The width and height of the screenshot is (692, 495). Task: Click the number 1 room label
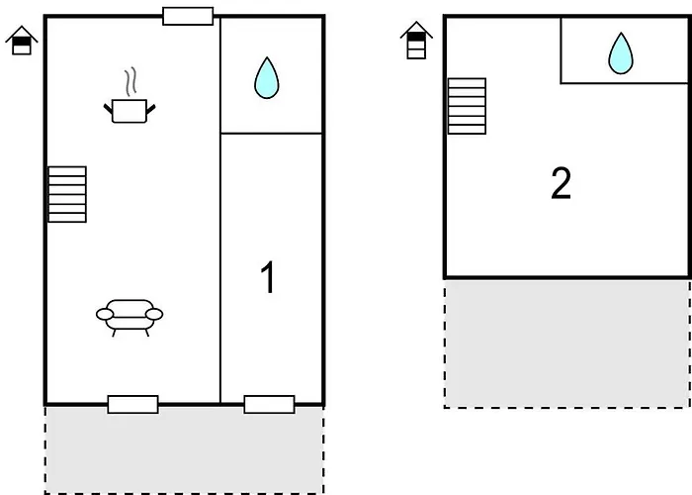tap(267, 279)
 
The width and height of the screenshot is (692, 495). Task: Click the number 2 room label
tap(561, 184)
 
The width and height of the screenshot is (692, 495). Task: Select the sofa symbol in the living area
tap(130, 316)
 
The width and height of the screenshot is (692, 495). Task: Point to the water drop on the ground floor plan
tap(266, 78)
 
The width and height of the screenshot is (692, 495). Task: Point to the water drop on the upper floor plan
tap(620, 53)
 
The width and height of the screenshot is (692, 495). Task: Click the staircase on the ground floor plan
tap(67, 194)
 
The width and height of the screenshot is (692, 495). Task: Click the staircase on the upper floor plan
tap(467, 106)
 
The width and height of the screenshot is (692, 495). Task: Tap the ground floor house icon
tap(22, 42)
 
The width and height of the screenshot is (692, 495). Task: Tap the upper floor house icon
tap(417, 41)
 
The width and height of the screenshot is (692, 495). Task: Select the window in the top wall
tap(188, 16)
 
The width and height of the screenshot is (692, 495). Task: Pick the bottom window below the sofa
tap(132, 404)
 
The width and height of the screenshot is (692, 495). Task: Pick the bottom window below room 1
tap(269, 404)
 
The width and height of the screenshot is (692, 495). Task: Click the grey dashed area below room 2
tap(566, 342)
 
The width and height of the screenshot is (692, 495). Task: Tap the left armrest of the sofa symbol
tap(104, 315)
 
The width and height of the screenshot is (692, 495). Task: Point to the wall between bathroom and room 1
tap(272, 133)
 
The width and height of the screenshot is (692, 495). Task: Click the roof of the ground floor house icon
tap(22, 33)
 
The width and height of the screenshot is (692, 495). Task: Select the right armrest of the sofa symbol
tap(155, 315)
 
